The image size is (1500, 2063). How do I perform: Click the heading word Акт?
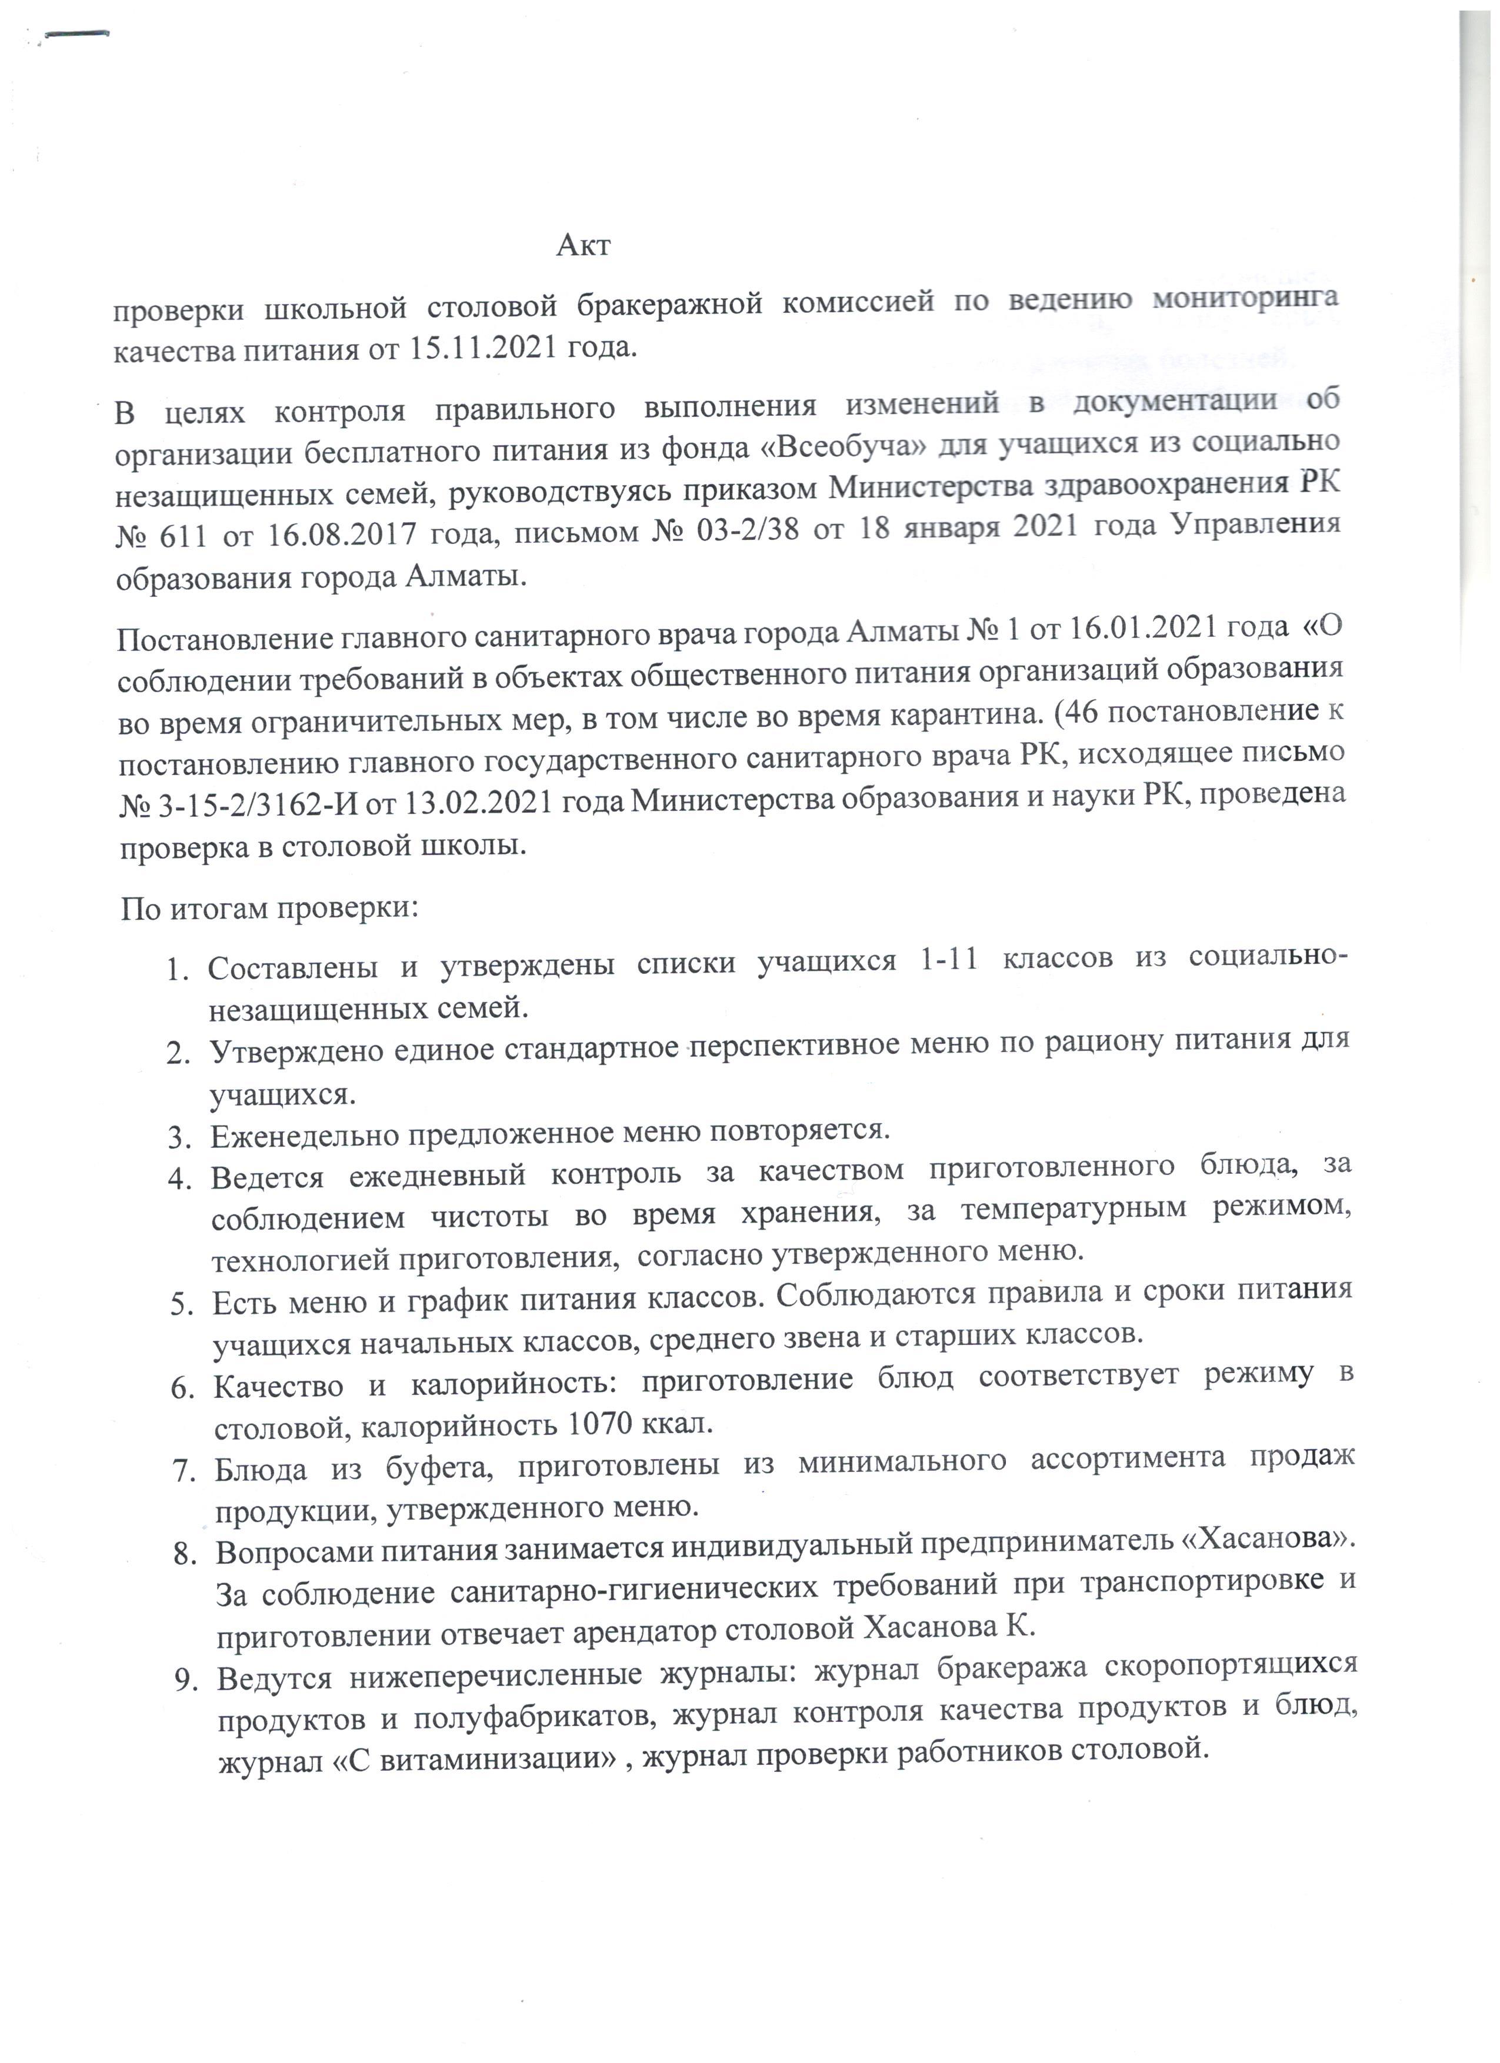583,246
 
